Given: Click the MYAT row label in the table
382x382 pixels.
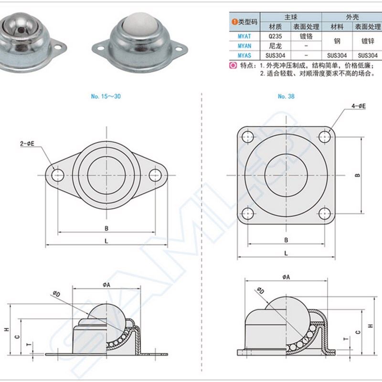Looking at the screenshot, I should (x=237, y=35).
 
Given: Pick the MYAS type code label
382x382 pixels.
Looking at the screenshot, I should (x=237, y=55).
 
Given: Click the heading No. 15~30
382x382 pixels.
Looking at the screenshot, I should (x=106, y=96).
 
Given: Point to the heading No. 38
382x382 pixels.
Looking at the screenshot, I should (x=286, y=96).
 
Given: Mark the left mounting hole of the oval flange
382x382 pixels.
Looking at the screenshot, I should (x=58, y=174).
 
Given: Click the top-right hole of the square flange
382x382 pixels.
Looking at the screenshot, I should (x=326, y=136).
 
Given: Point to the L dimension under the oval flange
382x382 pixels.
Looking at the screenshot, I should (x=106, y=241).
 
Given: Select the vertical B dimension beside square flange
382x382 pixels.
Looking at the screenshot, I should (x=357, y=175).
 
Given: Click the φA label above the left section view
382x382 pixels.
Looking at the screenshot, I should (x=106, y=284).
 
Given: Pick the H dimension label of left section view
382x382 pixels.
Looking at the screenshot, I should (x=6, y=329).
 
